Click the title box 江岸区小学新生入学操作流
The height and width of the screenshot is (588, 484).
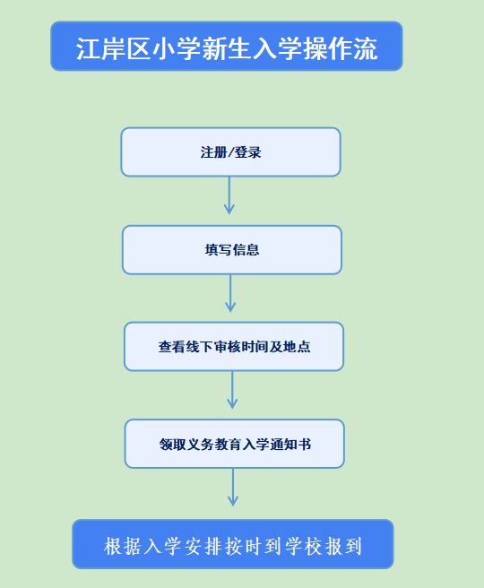(x=227, y=46)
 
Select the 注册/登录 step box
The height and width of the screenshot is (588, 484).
(x=230, y=151)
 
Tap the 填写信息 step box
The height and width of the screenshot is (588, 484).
(x=232, y=250)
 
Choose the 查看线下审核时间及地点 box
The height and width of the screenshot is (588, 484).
(x=234, y=347)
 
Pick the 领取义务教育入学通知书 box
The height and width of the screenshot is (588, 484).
(x=235, y=444)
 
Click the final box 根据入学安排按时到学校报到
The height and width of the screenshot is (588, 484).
(x=233, y=544)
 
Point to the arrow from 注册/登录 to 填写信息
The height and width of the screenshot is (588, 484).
(x=229, y=195)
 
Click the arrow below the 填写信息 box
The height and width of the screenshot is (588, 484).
(x=230, y=293)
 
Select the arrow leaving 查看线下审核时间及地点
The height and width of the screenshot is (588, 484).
(x=232, y=390)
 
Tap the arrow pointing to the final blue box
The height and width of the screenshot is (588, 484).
(x=233, y=487)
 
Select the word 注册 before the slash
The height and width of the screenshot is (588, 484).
(x=213, y=152)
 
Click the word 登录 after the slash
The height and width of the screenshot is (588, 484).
(x=247, y=152)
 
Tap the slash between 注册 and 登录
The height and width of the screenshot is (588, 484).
(x=230, y=152)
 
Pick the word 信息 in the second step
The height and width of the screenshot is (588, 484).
(x=246, y=250)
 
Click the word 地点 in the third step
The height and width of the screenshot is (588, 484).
(x=297, y=347)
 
